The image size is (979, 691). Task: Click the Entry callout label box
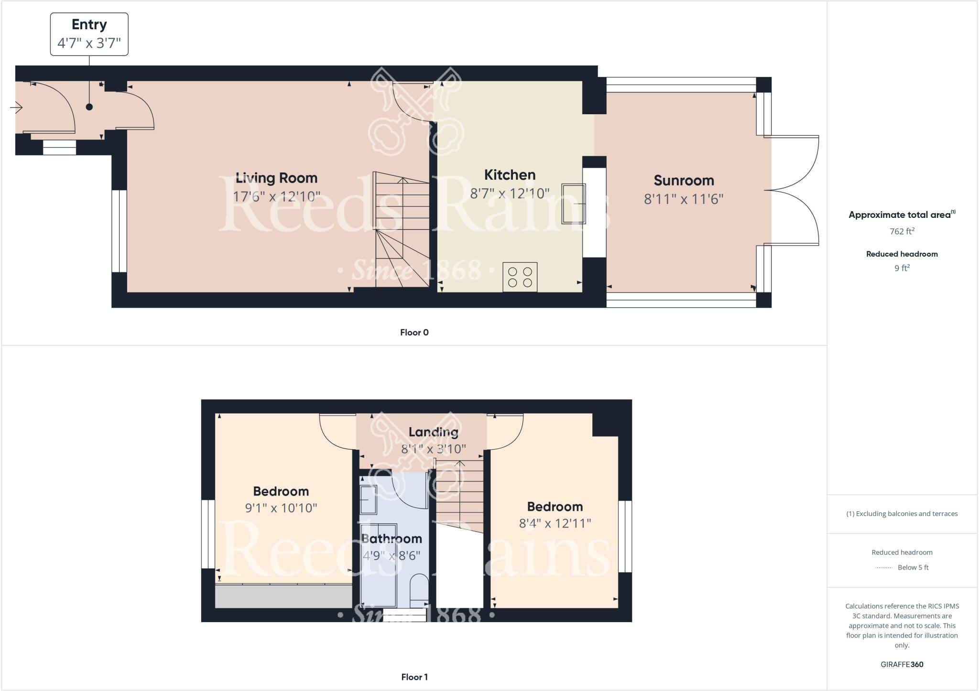[x=89, y=34]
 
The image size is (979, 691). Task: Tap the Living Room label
[x=277, y=178]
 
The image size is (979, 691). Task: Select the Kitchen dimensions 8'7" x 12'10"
[x=510, y=194]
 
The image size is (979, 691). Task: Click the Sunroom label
[x=684, y=181]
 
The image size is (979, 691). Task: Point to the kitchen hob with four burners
[x=520, y=277]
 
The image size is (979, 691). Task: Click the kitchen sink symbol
[x=574, y=204]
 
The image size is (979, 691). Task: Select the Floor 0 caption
[x=414, y=333]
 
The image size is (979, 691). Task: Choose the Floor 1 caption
[x=414, y=677]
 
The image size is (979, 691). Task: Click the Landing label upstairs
[x=433, y=432]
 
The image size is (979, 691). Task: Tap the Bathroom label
[x=392, y=539]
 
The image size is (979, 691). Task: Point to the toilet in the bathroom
[x=419, y=589]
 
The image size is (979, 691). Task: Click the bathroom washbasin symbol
[x=369, y=499]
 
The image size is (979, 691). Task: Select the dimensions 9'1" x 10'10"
[x=281, y=508]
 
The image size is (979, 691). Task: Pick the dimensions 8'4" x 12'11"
[x=555, y=523]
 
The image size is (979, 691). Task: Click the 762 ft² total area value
[x=902, y=231]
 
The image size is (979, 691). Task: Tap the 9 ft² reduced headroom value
[x=902, y=268]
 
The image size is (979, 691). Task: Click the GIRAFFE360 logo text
[x=902, y=664]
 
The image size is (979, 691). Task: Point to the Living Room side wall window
[x=119, y=231]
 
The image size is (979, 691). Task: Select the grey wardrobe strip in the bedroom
[x=283, y=596]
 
